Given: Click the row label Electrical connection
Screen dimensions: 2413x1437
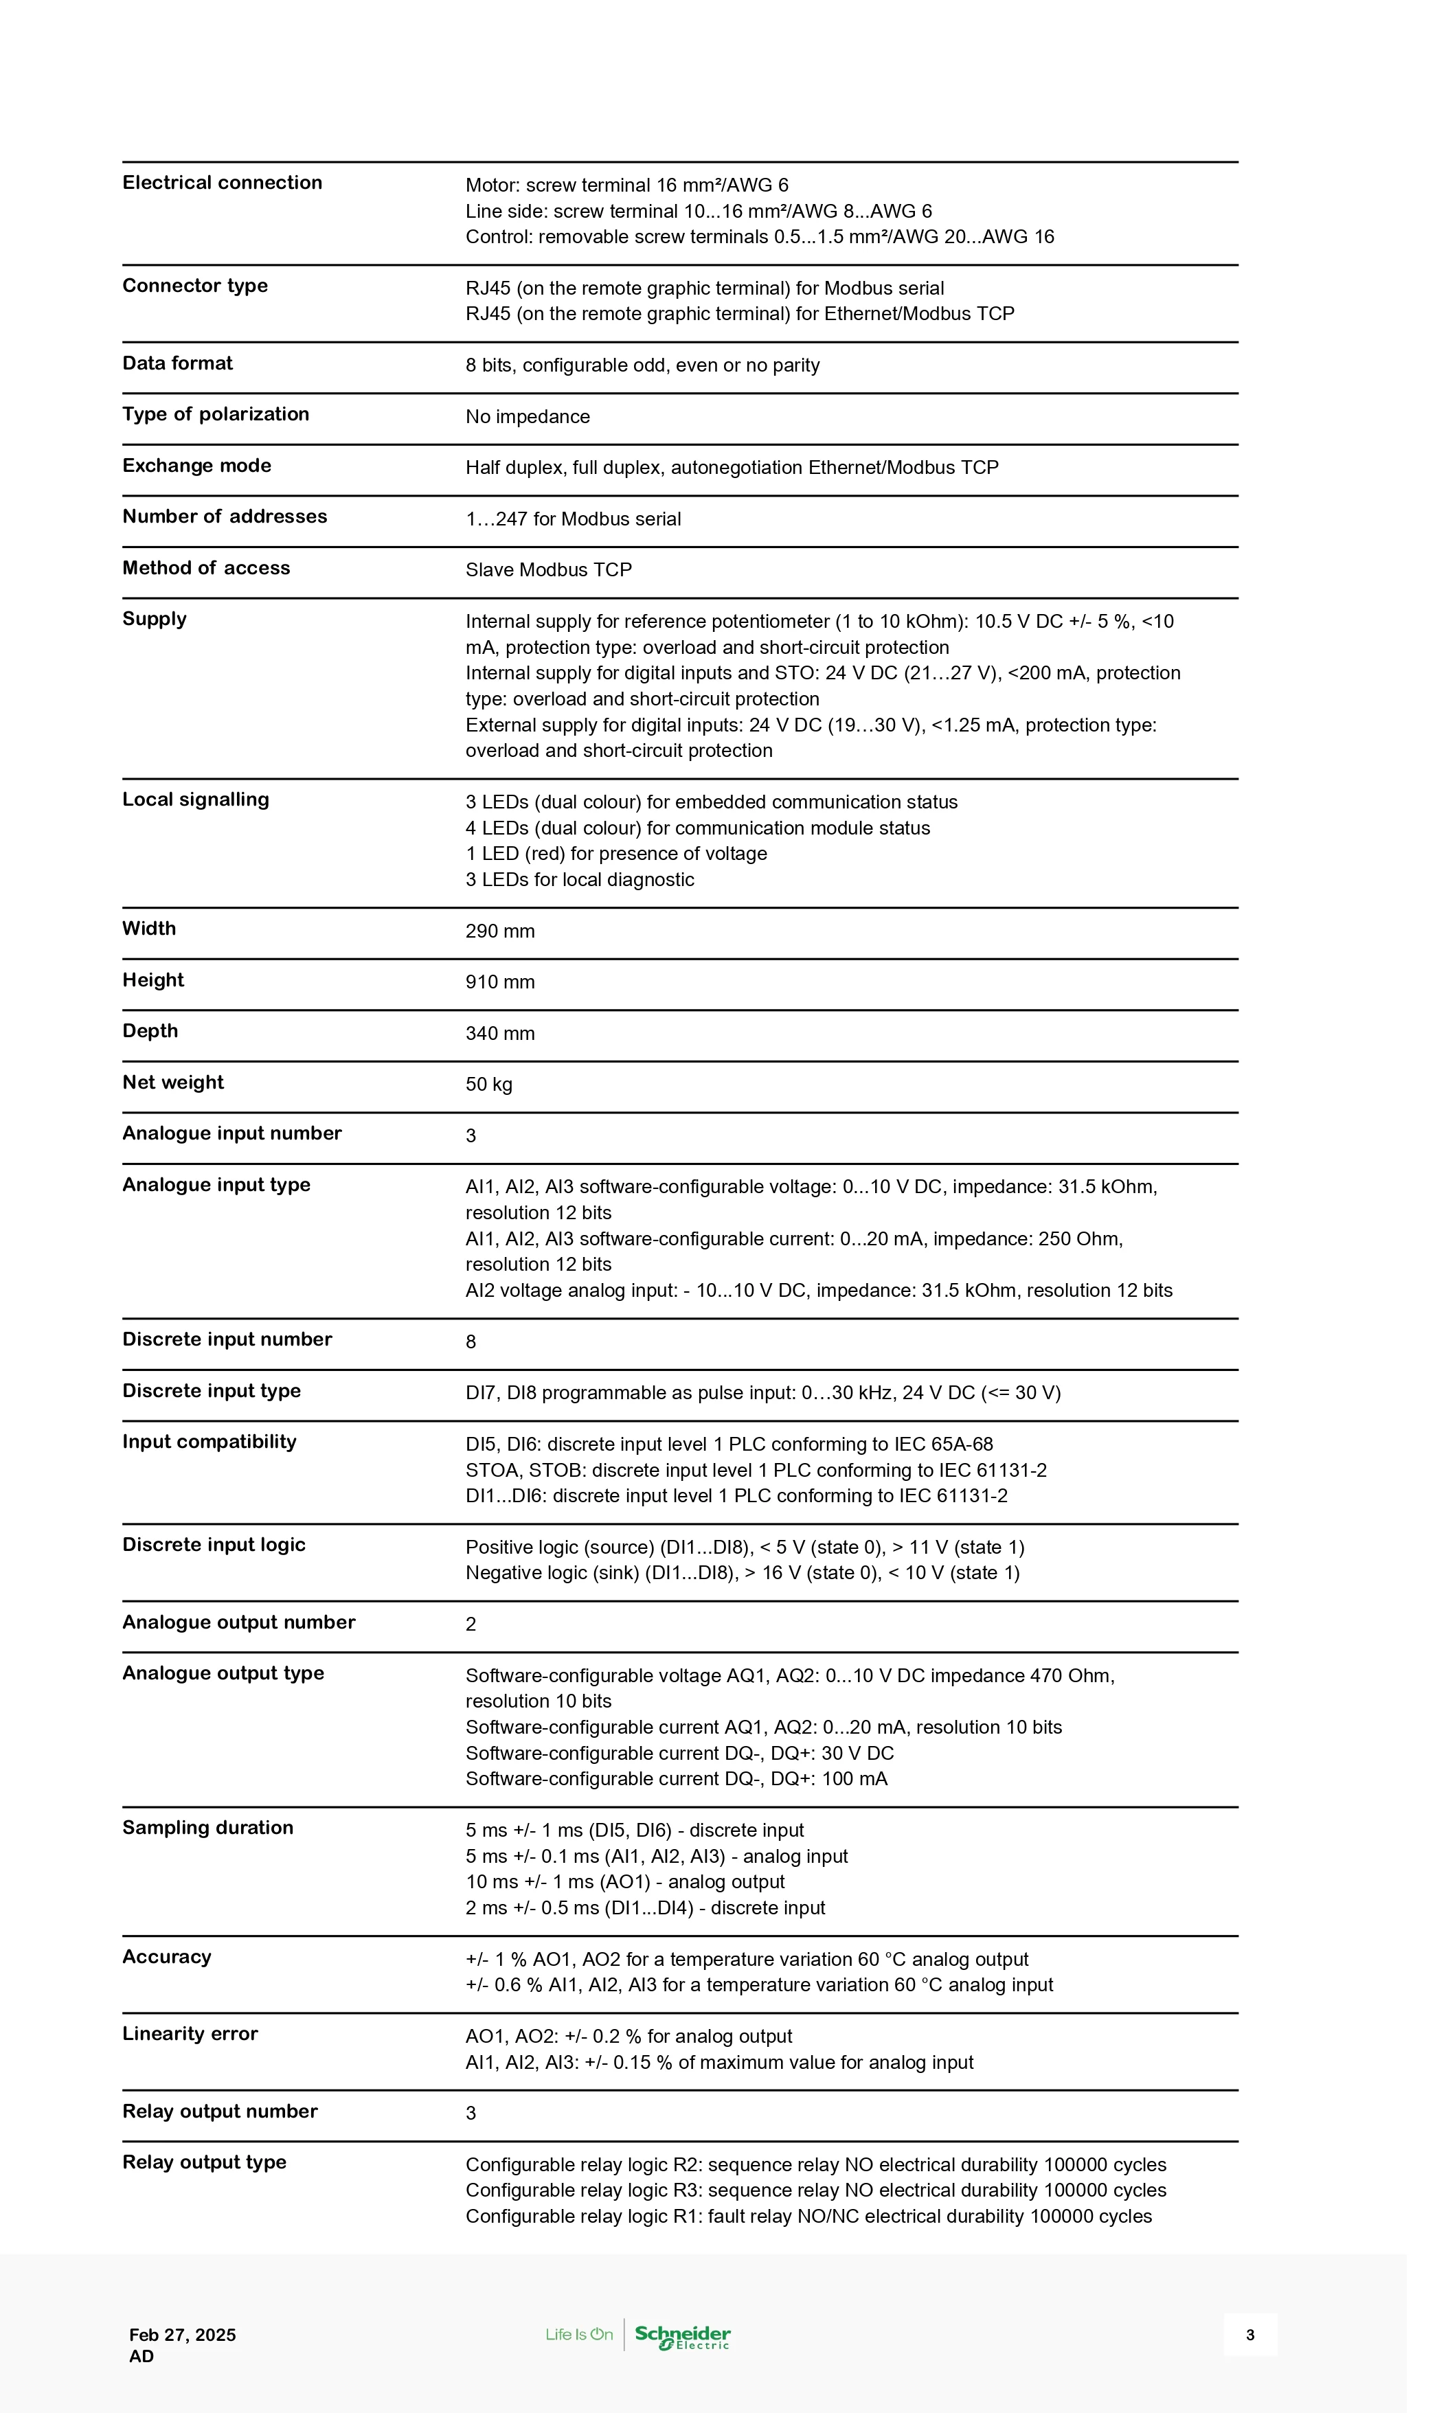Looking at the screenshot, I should pyautogui.click(x=222, y=183).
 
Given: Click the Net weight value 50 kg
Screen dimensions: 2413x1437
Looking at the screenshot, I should pyautogui.click(x=489, y=1085).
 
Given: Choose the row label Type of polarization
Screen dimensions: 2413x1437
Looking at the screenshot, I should pyautogui.click(x=216, y=414).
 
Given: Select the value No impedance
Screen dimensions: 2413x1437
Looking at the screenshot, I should pyautogui.click(x=528, y=418).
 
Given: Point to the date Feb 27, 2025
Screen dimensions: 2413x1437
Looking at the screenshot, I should pyautogui.click(x=183, y=2335).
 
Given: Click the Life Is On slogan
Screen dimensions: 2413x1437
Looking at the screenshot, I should pyautogui.click(x=579, y=2335).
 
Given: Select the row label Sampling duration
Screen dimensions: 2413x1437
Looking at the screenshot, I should pyautogui.click(x=207, y=1828).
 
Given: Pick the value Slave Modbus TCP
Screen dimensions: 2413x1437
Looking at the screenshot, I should pyautogui.click(x=548, y=570).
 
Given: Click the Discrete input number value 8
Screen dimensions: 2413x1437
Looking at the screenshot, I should pyautogui.click(x=472, y=1342).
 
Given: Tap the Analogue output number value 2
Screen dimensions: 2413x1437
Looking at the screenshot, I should pyautogui.click(x=472, y=1624).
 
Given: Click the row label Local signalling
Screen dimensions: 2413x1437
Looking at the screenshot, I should pyautogui.click(x=196, y=800).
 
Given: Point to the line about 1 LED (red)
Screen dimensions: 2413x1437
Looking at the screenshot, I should pyautogui.click(x=616, y=854).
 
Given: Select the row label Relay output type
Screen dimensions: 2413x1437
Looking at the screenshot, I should pyautogui.click(x=204, y=2162).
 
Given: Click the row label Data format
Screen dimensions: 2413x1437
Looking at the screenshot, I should pyautogui.click(x=177, y=364).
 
